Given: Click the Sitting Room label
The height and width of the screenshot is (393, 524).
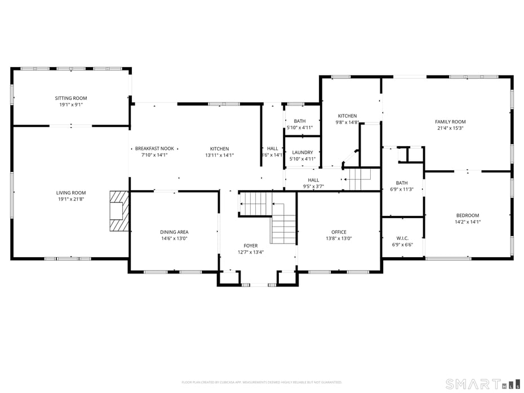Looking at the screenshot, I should tap(71, 98).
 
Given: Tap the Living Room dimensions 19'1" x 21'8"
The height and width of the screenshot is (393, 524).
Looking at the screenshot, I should tap(71, 199).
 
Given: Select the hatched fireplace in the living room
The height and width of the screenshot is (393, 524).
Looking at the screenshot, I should tap(119, 211).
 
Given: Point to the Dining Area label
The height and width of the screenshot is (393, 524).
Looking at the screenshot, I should tap(174, 232).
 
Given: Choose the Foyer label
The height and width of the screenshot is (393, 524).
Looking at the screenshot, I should tap(251, 245).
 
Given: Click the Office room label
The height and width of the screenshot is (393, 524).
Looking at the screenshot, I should tap(339, 232).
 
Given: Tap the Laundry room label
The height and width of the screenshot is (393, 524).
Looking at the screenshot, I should tap(303, 152).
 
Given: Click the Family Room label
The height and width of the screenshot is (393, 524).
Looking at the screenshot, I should tap(450, 122).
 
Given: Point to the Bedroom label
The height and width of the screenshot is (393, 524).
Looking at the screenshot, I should tap(468, 215).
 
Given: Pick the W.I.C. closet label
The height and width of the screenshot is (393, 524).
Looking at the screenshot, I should tap(402, 238).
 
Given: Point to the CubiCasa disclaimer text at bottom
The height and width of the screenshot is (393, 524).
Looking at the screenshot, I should tap(261, 382).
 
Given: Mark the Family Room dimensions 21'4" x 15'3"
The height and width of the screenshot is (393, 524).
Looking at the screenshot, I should tap(450, 128).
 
